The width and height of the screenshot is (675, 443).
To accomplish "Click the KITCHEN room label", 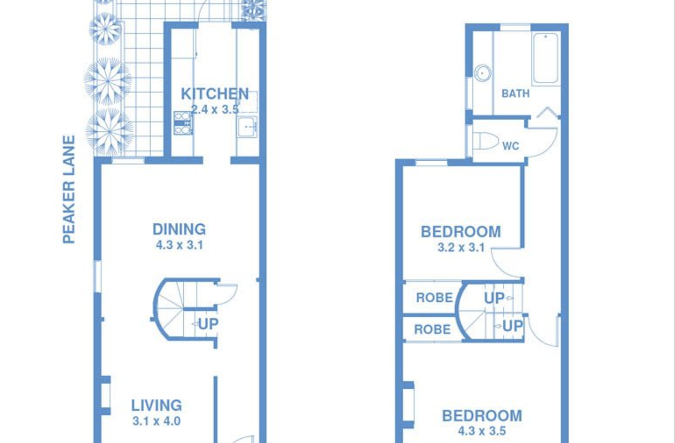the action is pos(215,94).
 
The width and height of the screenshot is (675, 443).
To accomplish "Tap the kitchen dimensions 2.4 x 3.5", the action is pos(215,110).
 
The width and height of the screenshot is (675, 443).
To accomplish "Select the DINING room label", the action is pos(179,229).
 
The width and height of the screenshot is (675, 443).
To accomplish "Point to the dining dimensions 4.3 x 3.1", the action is pos(179,245).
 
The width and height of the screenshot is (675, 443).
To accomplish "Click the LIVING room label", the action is pos(157,405).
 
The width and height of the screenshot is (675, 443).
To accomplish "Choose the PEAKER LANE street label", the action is pos(69,189).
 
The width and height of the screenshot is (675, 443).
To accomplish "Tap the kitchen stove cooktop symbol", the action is pos(183,123).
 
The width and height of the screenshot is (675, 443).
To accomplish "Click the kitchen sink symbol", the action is pos(247,127).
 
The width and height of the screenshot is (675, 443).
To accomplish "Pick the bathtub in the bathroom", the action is pos(546,58).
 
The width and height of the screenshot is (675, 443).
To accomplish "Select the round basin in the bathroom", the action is pos(483,73).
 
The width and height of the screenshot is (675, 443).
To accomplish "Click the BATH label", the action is pos(516,94).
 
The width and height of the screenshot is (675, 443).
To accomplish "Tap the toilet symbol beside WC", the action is pos(486,141).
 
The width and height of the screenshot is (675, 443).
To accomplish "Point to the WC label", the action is pos(511,146).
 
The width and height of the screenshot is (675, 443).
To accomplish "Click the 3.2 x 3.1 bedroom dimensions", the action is pos(461,248).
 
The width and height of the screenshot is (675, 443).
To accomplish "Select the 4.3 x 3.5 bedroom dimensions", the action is pos(482,431).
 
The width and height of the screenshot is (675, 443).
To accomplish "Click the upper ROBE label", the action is pos(435,298).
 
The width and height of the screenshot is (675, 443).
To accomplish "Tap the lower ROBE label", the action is pos(432,329).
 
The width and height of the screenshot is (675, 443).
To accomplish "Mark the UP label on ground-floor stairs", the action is pos(208,324).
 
